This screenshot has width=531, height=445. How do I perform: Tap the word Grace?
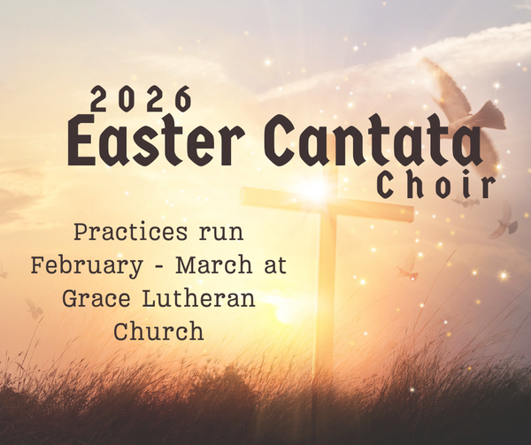[96, 299]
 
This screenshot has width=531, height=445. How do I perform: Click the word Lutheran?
[199, 299]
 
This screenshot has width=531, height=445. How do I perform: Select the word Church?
[158, 332]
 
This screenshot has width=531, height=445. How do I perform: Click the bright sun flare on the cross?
[315, 188]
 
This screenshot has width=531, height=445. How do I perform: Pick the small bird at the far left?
[34, 309]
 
